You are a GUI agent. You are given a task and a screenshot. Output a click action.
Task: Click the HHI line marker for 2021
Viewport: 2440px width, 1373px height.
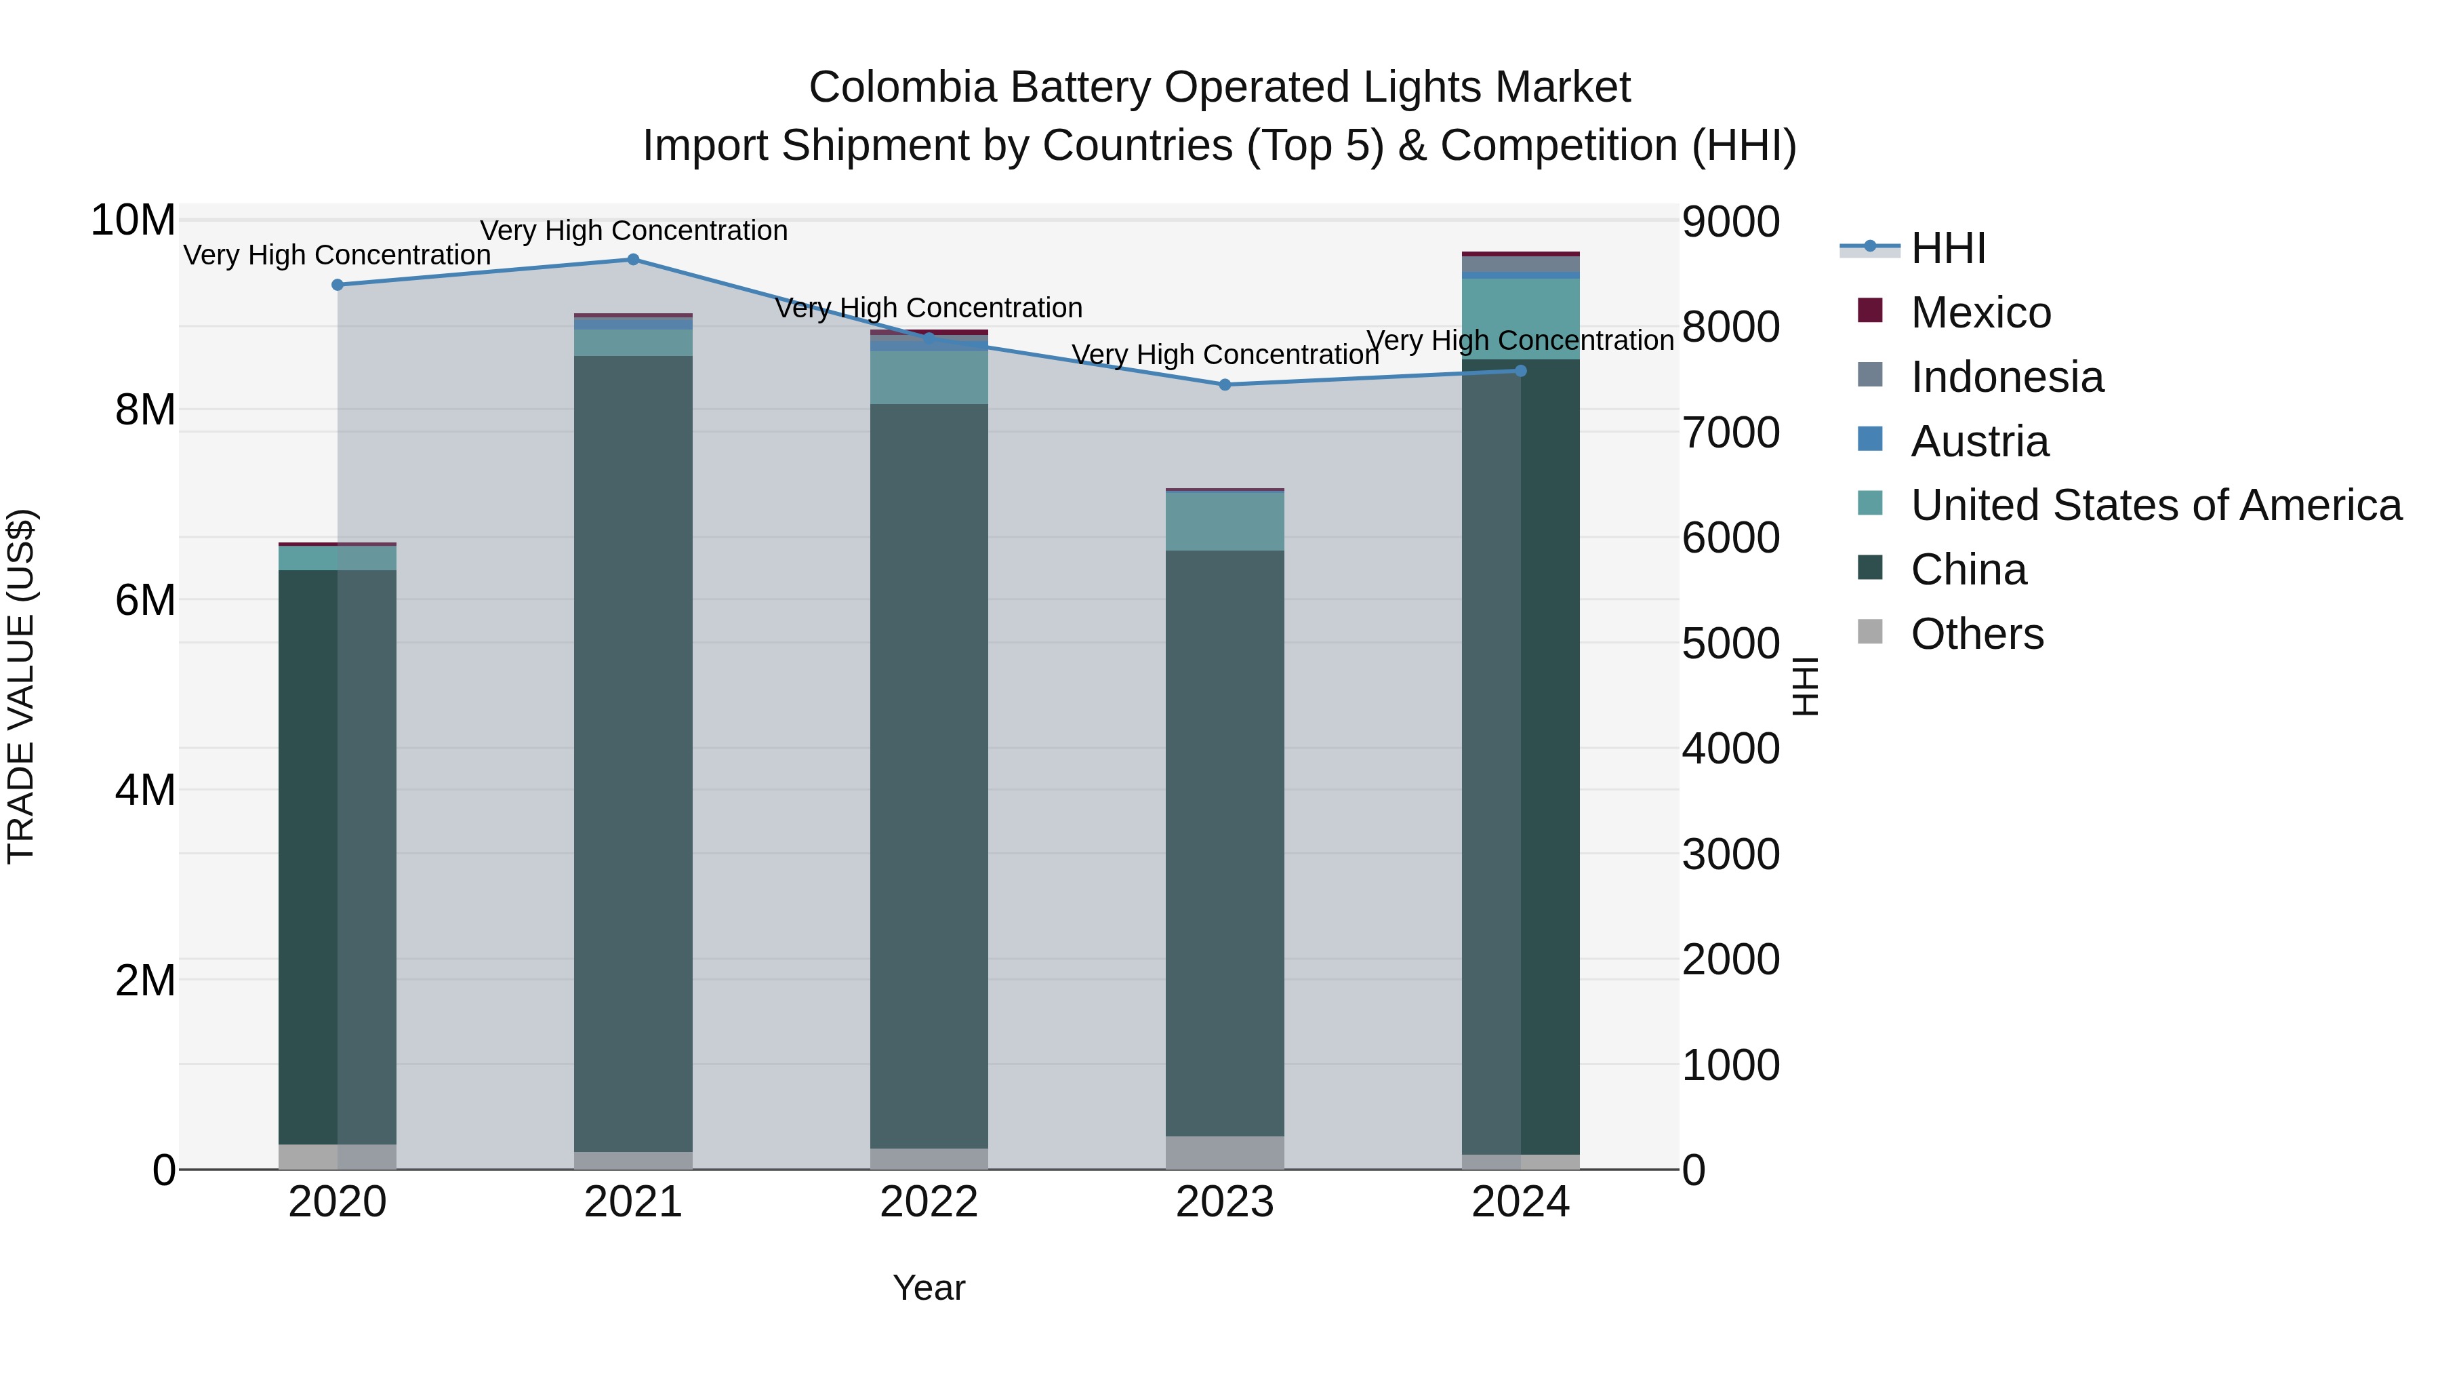[x=633, y=260]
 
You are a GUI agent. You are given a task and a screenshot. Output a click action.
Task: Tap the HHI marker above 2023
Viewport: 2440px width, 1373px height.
[x=1225, y=384]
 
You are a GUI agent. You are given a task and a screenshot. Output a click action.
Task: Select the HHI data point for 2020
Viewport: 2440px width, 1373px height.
[x=338, y=284]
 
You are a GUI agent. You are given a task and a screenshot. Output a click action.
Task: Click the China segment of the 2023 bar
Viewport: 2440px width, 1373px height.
[x=1225, y=843]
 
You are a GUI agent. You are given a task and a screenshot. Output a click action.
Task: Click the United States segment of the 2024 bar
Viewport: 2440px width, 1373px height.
[x=1520, y=319]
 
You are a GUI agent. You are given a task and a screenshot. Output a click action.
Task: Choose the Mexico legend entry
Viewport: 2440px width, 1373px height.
[x=1980, y=313]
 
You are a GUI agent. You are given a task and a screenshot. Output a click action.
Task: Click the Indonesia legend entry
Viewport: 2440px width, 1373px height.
[x=2006, y=377]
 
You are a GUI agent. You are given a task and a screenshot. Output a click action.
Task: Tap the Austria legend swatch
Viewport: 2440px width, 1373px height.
[x=1870, y=439]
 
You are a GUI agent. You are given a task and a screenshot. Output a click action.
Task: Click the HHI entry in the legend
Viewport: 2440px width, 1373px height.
[x=1947, y=248]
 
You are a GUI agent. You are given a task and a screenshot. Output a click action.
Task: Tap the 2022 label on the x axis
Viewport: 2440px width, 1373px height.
[x=929, y=1202]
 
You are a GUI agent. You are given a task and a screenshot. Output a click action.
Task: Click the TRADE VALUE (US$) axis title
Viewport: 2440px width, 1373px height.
[x=21, y=686]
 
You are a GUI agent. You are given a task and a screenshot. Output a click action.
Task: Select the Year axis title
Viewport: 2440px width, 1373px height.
[x=929, y=1288]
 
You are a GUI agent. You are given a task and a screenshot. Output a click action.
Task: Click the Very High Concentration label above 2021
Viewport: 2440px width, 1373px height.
[x=633, y=231]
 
